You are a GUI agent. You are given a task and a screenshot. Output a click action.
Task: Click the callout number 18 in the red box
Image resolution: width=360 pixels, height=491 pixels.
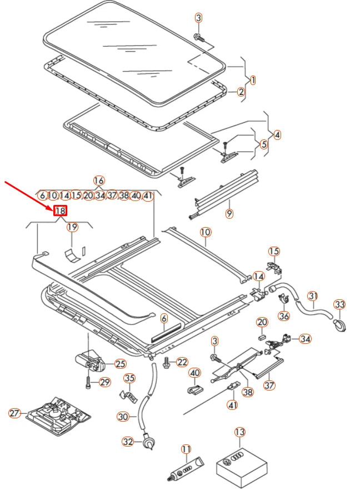60,211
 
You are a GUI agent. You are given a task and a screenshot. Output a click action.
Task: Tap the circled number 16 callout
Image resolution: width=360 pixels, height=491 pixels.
98,181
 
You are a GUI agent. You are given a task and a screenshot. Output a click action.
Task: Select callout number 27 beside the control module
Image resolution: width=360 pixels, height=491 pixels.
15,413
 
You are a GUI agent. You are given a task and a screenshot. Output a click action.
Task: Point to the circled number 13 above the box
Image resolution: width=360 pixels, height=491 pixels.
239,432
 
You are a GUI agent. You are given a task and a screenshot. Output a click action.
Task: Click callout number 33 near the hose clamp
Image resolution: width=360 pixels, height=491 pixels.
339,304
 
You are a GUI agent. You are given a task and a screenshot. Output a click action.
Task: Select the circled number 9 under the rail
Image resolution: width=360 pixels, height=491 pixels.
229,213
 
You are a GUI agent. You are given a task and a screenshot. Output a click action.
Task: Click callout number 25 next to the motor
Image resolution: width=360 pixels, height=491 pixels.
121,364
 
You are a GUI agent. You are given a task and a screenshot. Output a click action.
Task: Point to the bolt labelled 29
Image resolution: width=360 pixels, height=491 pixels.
88,383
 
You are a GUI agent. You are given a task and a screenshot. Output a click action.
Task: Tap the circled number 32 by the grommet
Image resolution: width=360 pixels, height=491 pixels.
128,442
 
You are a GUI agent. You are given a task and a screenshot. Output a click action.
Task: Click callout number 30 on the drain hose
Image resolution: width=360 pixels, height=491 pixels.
123,417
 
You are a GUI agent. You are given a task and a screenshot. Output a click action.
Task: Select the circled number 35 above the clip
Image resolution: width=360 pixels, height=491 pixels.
129,379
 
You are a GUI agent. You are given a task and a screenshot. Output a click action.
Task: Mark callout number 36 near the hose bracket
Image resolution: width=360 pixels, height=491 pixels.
284,316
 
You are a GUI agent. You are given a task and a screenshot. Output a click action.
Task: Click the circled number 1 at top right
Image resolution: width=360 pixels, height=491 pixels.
253,80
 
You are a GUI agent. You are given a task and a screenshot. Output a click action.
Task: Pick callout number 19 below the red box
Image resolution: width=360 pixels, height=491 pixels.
73,227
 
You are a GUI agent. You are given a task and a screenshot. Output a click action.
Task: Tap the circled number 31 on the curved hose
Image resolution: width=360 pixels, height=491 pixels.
313,296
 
